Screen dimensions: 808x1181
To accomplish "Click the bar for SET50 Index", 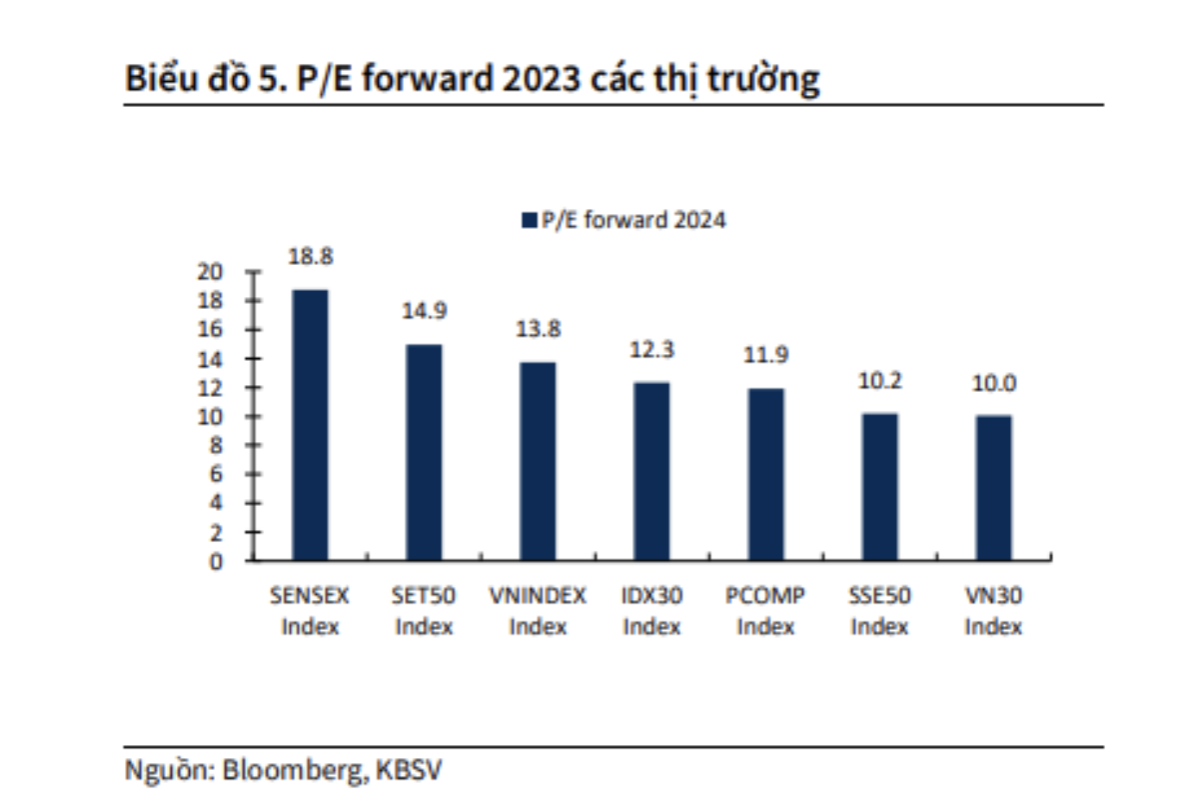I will tap(424, 452).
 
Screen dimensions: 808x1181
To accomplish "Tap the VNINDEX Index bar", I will tap(538, 461).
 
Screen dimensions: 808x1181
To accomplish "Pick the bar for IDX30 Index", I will tap(652, 471).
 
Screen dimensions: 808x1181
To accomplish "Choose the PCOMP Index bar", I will tap(766, 474).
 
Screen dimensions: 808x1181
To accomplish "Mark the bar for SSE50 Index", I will tap(880, 487).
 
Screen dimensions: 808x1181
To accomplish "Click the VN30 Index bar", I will tap(994, 488).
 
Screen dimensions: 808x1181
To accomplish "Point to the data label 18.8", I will tap(310, 256).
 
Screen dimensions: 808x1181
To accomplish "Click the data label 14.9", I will tap(424, 311).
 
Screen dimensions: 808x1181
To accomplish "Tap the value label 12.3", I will tap(652, 350).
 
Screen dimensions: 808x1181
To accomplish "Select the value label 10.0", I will tap(994, 383).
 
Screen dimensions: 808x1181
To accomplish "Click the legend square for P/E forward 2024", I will tap(529, 220).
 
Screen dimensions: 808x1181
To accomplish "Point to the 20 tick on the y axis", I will tap(210, 272).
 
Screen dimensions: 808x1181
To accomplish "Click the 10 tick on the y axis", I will tap(210, 417).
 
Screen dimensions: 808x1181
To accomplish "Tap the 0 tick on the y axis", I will tap(216, 562).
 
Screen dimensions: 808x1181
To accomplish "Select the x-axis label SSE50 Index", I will tap(880, 610).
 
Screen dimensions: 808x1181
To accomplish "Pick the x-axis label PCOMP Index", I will tap(766, 610).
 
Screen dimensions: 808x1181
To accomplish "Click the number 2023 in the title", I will tap(541, 79).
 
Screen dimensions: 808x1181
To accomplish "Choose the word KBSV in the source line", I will tap(408, 769).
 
